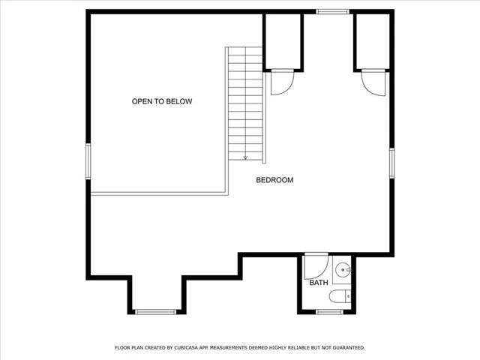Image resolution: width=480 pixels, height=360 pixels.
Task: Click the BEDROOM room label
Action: coord(274,180)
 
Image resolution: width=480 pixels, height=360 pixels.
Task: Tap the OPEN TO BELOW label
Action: coord(162,101)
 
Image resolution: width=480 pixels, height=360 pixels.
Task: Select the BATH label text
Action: coord(319,283)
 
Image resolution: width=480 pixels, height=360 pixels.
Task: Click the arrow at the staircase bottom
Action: coord(245,157)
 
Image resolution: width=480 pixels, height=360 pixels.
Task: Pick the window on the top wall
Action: coord(332,11)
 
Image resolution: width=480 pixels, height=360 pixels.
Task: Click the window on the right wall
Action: coord(391,163)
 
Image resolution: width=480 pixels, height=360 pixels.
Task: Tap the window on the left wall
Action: coord(88,162)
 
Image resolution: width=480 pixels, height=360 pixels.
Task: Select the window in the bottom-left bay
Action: coord(155,311)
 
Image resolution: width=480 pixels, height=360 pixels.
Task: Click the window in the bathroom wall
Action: coord(329,311)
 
